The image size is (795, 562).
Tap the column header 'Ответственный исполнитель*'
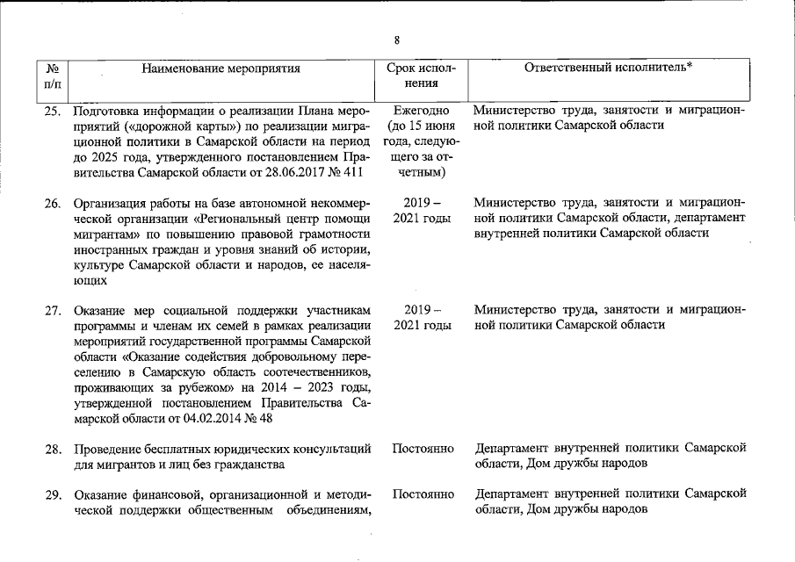coord(609,68)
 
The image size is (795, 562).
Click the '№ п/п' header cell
coord(52,76)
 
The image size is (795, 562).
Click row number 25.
coord(53,112)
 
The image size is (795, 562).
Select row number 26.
coord(53,203)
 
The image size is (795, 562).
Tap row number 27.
coord(53,310)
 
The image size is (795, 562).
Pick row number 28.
coord(53,449)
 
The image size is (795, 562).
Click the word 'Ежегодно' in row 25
coord(422,112)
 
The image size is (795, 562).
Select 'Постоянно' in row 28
coord(423,449)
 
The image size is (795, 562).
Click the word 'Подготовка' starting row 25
coord(106,112)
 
